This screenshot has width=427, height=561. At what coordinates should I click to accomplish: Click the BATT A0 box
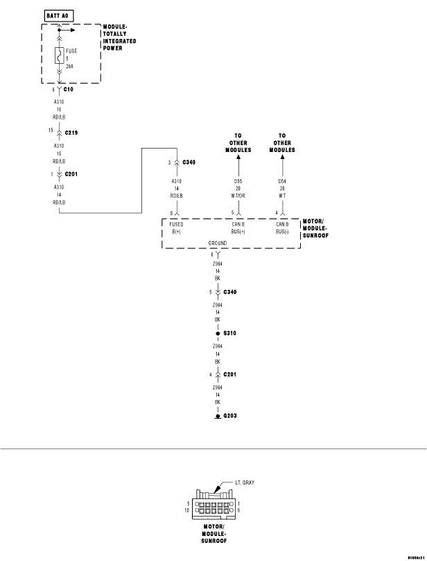[x=57, y=14]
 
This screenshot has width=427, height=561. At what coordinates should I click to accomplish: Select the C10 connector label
[x=68, y=90]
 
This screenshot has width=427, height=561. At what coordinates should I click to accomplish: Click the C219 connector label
[x=72, y=131]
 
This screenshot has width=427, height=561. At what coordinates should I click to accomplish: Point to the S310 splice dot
[x=218, y=334]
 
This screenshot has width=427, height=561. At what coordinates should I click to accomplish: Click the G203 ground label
[x=229, y=416]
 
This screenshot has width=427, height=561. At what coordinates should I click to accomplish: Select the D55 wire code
[x=238, y=182]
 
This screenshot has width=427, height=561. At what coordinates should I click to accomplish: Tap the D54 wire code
[x=282, y=182]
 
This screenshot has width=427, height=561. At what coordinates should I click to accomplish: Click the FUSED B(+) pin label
[x=176, y=228]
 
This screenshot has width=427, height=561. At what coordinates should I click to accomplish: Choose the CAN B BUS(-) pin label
[x=282, y=228]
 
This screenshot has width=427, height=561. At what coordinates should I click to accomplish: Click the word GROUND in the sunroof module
[x=218, y=244]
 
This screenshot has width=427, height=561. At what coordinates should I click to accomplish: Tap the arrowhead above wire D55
[x=238, y=158]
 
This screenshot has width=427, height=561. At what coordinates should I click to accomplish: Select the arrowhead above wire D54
[x=282, y=158]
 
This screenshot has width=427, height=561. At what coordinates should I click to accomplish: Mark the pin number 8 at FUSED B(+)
[x=171, y=212]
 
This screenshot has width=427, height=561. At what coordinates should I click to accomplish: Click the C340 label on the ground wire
[x=231, y=292]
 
